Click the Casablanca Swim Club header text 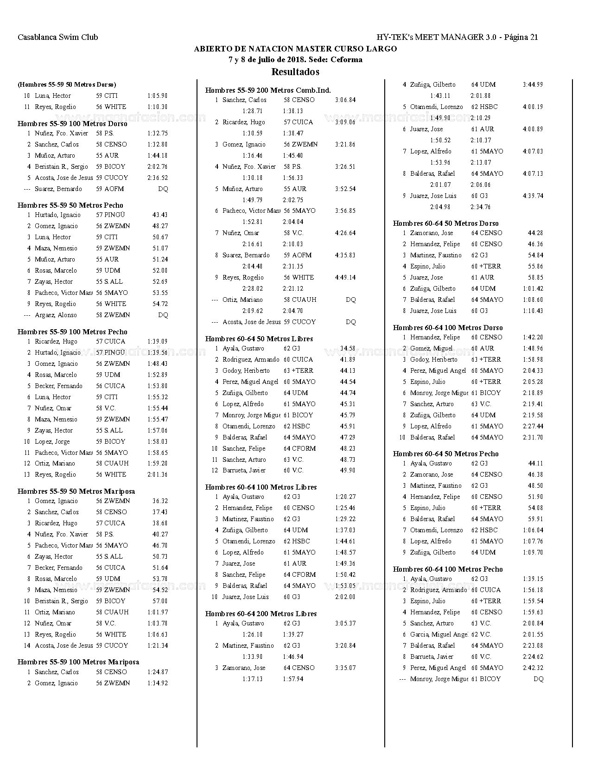pyautogui.click(x=58, y=37)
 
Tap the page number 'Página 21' pyautogui.click(x=521, y=37)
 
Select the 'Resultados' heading pyautogui.click(x=295, y=72)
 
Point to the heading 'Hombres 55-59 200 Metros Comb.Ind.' pyautogui.click(x=268, y=90)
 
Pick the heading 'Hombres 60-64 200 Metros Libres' pyautogui.click(x=261, y=613)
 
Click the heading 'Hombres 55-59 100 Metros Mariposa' pyautogui.click(x=78, y=662)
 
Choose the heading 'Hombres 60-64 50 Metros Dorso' pyautogui.click(x=446, y=223)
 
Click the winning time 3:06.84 pyautogui.click(x=345, y=100)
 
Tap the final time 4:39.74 pyautogui.click(x=533, y=196)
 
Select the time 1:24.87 pyautogui.click(x=158, y=672)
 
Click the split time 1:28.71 pyautogui.click(x=252, y=111)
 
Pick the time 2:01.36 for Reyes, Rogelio pyautogui.click(x=158, y=474)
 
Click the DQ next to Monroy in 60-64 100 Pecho pyautogui.click(x=538, y=679)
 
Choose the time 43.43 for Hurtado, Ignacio pyautogui.click(x=160, y=215)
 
